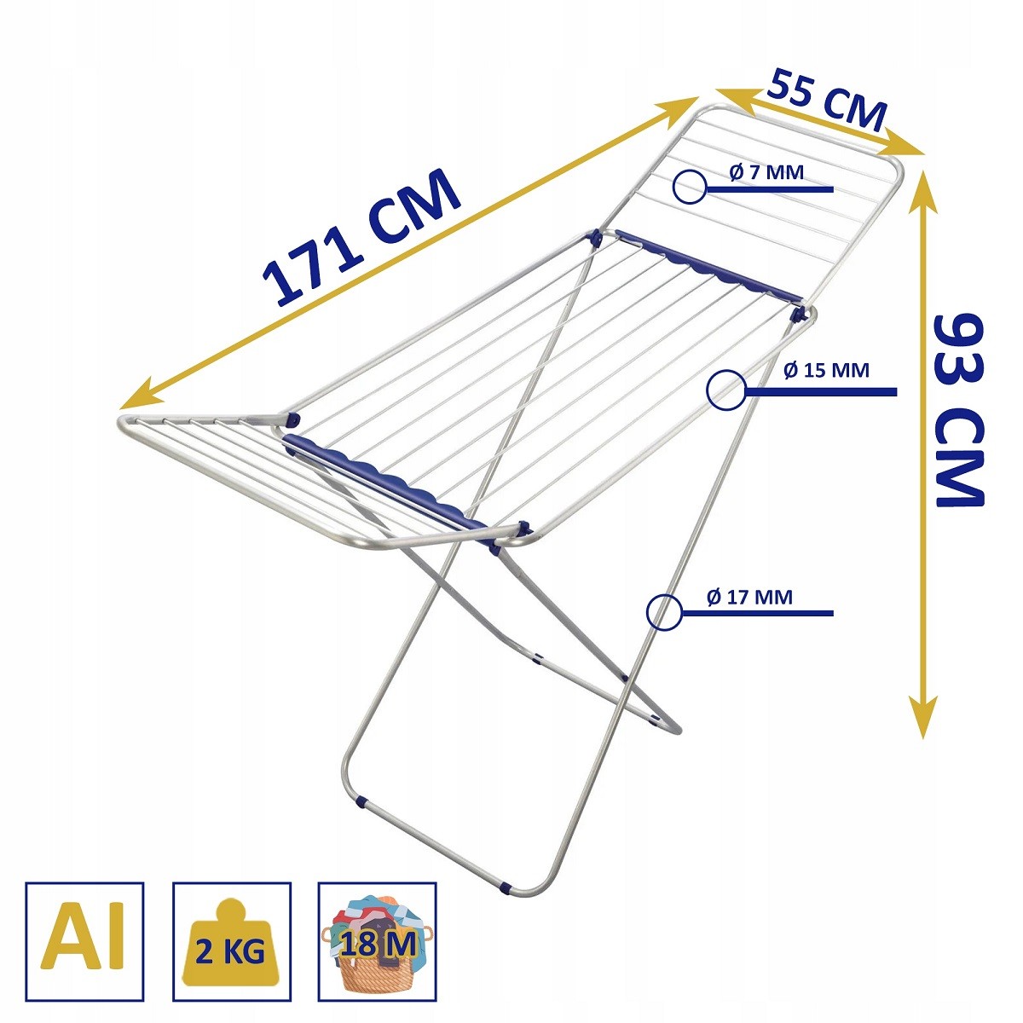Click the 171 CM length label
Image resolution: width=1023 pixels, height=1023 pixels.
(x=362, y=239)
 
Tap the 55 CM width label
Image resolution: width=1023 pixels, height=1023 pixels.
(x=827, y=101)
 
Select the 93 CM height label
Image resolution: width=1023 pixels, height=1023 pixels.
(x=958, y=409)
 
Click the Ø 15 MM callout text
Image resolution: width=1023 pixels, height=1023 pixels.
(x=825, y=371)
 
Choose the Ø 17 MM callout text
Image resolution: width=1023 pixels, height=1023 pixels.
(x=749, y=597)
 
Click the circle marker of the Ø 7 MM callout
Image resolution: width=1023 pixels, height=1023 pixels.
(x=689, y=187)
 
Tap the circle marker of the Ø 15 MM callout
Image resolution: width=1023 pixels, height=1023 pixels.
(x=725, y=391)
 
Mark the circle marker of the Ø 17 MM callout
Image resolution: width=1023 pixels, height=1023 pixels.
(x=664, y=612)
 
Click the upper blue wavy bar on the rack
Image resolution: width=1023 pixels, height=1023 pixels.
(x=708, y=266)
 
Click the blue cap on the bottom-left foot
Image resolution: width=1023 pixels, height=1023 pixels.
(x=363, y=803)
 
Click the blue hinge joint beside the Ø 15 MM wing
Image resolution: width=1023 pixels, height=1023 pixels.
(x=798, y=315)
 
